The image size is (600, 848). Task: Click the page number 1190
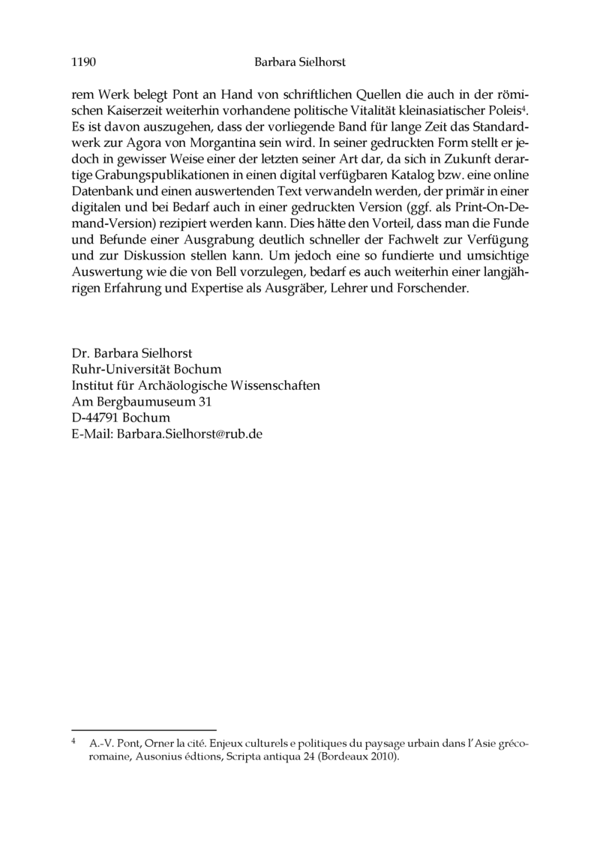click(82, 63)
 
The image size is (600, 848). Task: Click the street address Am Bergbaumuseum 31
click(141, 402)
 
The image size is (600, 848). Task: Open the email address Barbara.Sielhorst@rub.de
click(189, 435)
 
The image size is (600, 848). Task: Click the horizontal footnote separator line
click(143, 729)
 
